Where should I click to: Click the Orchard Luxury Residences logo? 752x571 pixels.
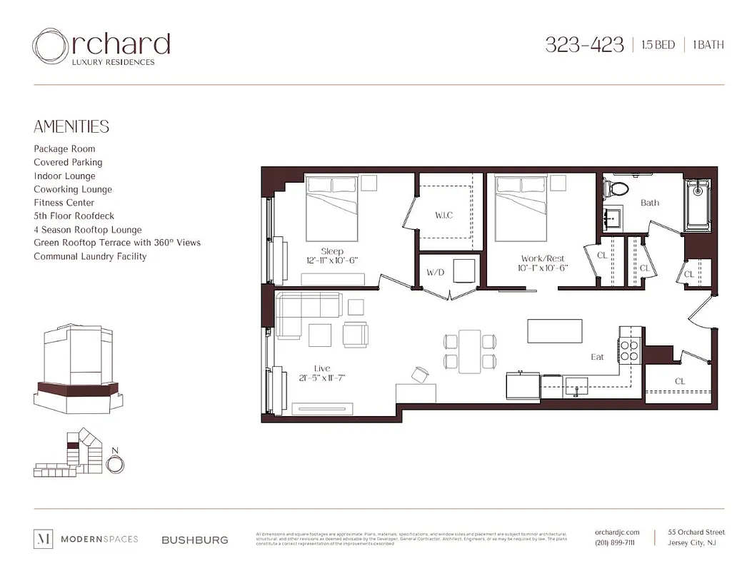point(101,47)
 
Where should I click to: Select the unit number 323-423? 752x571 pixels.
point(584,45)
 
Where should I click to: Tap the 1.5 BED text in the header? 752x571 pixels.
point(654,45)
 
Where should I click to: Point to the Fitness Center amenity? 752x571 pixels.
point(64,203)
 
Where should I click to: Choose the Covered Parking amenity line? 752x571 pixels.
point(68,163)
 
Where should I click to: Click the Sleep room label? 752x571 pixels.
point(332,251)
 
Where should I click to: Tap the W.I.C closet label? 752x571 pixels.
point(443,216)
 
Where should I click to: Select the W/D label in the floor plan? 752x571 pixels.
point(436,273)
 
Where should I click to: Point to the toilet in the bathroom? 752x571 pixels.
point(615,188)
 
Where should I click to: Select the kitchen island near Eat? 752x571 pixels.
point(554,331)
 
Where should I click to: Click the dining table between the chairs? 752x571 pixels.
point(470,350)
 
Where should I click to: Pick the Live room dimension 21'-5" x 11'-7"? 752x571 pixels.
point(322,378)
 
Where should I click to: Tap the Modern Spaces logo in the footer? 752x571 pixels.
point(86,540)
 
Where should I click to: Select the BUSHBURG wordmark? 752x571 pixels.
point(195,540)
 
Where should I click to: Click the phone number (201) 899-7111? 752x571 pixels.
point(614,543)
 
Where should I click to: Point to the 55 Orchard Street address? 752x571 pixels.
point(696,532)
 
